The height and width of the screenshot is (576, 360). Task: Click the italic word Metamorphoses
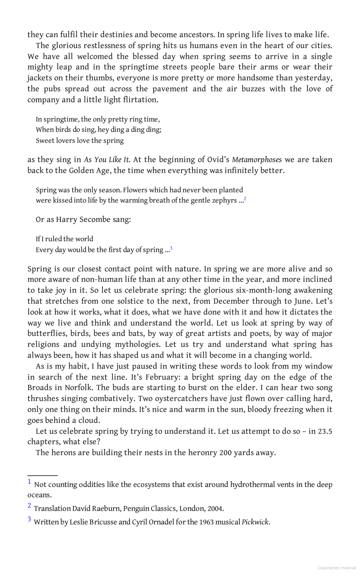click(257, 160)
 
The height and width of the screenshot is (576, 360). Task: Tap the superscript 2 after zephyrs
click(245, 199)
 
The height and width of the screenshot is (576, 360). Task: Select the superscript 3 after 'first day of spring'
click(171, 248)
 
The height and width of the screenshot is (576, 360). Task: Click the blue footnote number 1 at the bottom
click(29, 482)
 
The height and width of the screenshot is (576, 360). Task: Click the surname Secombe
click(95, 219)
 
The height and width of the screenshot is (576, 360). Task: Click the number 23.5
click(325, 431)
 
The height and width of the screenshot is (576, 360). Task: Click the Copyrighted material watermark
click(336, 568)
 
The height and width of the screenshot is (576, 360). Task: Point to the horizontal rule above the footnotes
click(42, 475)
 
